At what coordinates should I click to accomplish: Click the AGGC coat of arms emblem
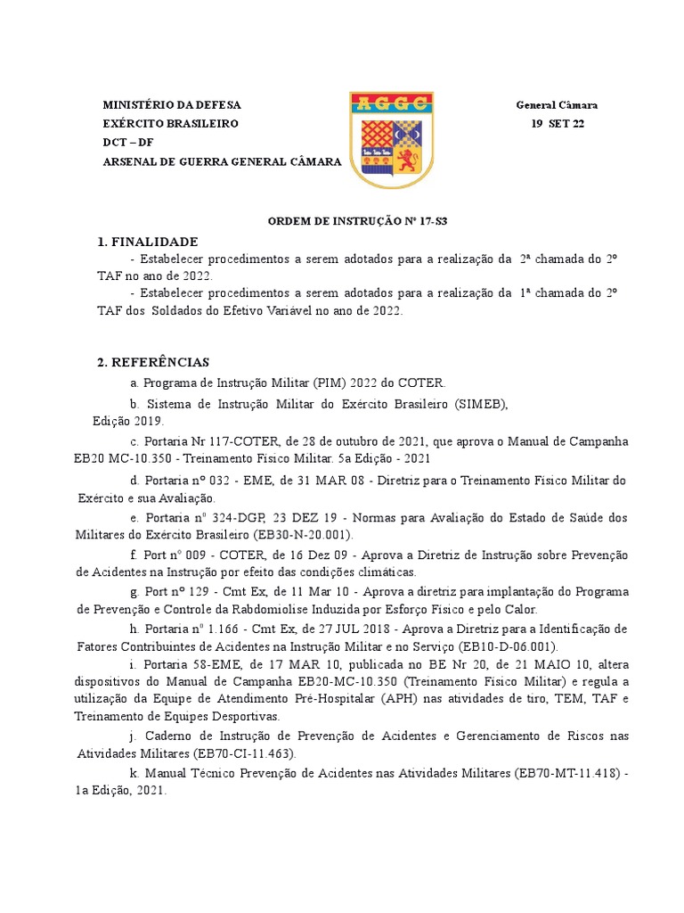pos(391,139)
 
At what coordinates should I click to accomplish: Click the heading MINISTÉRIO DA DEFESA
pos(172,105)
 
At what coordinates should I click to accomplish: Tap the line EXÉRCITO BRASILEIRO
pos(171,124)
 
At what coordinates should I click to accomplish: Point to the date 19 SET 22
pos(558,124)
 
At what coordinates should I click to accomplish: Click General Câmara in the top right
pos(557,105)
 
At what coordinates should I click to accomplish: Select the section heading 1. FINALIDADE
pos(147,242)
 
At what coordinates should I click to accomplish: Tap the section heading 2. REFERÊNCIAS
pos(152,362)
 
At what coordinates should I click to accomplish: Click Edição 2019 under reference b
pos(128,421)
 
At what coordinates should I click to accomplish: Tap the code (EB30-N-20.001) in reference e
pos(303,535)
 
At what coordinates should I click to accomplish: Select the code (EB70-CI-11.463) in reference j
pos(239,753)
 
